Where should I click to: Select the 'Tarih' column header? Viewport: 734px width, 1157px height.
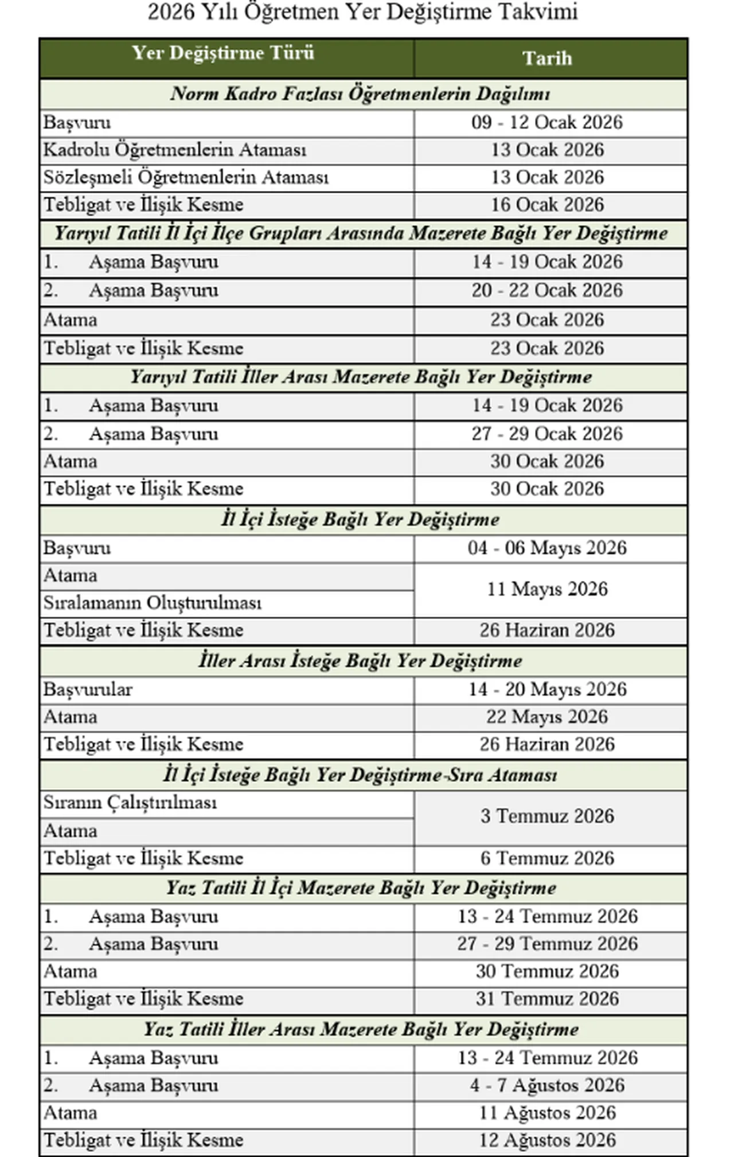click(x=547, y=58)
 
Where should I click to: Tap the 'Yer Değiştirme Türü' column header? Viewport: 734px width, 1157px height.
click(x=223, y=53)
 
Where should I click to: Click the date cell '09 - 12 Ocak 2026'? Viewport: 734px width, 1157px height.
click(x=547, y=122)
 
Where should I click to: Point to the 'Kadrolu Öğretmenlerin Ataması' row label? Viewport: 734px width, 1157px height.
click(x=175, y=150)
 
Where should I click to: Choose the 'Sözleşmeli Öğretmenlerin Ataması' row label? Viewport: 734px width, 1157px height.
click(x=186, y=177)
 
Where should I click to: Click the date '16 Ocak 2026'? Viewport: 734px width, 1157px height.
click(x=547, y=205)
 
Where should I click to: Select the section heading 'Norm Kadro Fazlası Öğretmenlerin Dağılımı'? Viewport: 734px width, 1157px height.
click(x=360, y=94)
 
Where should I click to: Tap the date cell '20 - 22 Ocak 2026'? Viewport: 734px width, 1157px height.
click(x=547, y=290)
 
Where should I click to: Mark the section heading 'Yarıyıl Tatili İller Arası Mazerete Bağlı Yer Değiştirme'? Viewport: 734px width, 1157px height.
click(x=361, y=377)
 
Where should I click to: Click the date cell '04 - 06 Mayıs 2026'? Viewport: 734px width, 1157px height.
click(x=547, y=548)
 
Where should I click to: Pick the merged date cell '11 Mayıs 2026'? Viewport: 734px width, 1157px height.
click(x=547, y=589)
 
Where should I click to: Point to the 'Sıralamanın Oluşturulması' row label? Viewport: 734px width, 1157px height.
click(x=153, y=603)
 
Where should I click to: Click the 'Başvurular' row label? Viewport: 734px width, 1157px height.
click(x=88, y=689)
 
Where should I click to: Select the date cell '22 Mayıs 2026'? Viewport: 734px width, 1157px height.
click(x=547, y=717)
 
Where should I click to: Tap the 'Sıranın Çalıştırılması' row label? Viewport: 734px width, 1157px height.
click(x=130, y=803)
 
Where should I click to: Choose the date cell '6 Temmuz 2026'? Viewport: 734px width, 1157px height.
click(x=547, y=858)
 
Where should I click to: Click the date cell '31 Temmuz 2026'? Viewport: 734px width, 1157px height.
click(x=547, y=999)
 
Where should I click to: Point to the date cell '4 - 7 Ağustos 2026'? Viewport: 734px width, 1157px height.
click(x=547, y=1085)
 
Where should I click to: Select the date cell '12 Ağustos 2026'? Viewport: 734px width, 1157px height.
click(x=547, y=1140)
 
